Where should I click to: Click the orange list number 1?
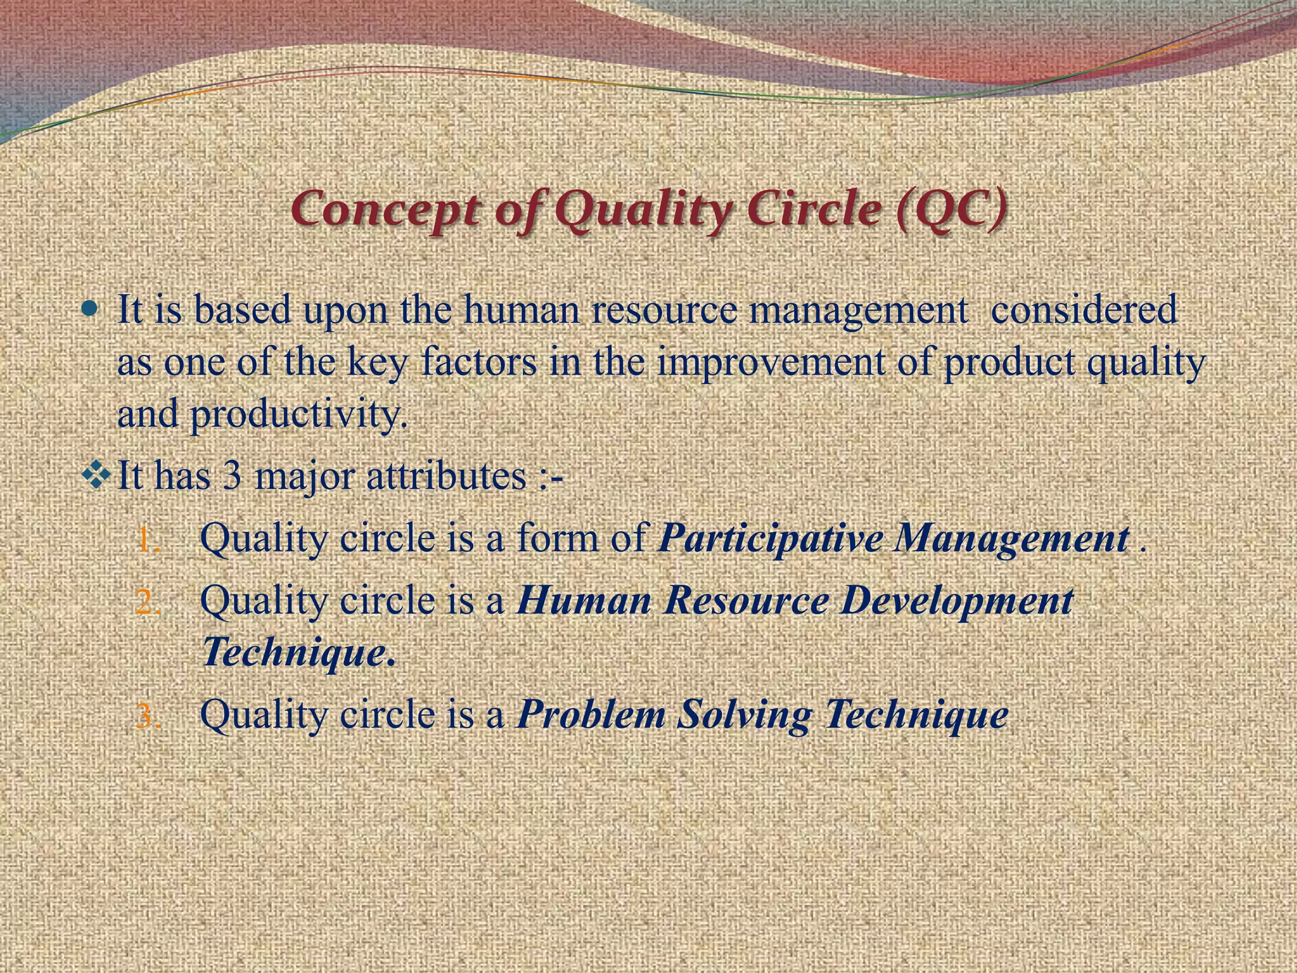pos(149,542)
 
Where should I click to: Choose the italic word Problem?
pos(592,715)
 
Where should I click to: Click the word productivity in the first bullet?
pos(298,415)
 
